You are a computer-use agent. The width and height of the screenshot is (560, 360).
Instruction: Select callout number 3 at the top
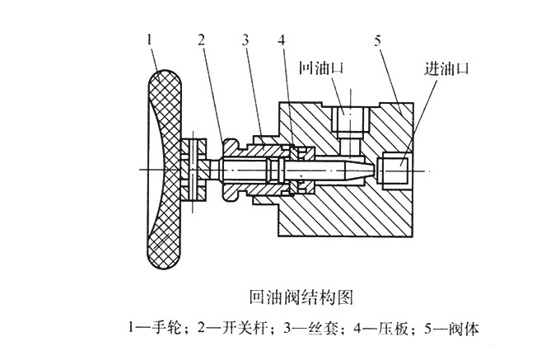(x=245, y=39)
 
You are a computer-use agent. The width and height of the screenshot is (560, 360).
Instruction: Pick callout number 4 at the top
(x=282, y=39)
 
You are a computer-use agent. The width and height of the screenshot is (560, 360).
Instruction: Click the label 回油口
(x=321, y=70)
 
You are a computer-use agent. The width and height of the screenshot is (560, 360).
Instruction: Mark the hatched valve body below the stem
(x=346, y=210)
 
